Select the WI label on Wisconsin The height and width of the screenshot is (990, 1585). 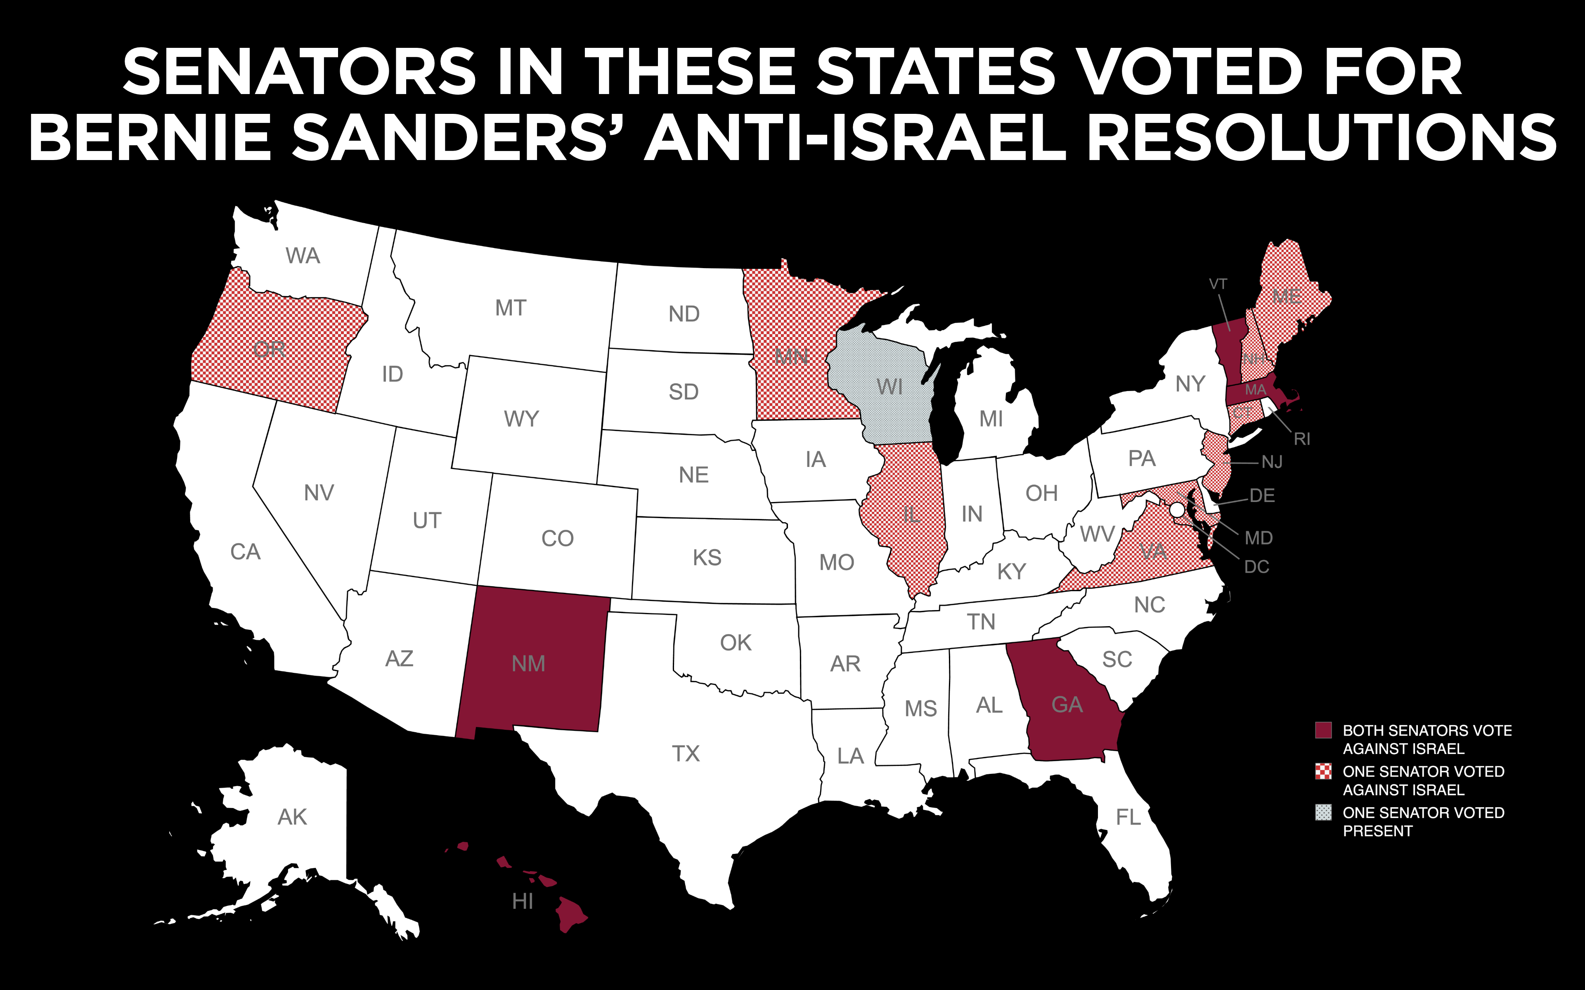(x=889, y=387)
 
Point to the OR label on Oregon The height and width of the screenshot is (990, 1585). (x=269, y=350)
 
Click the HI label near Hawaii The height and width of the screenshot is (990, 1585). (x=522, y=902)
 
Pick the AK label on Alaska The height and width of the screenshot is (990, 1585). (x=292, y=817)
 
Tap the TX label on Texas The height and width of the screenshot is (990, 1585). (x=686, y=754)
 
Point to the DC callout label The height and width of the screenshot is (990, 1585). (x=1256, y=567)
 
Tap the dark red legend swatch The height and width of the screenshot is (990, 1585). (x=1323, y=731)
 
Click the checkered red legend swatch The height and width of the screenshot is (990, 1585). (x=1323, y=772)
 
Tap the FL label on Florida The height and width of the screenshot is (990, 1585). (x=1128, y=817)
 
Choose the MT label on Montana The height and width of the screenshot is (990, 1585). (x=510, y=308)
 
